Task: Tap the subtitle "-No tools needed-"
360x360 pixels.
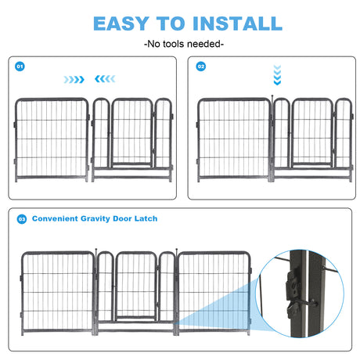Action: point(179,44)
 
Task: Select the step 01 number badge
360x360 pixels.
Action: point(20,67)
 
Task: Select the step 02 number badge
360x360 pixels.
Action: point(200,67)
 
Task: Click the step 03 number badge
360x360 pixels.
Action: point(20,218)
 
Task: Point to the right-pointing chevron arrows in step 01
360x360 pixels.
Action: point(75,79)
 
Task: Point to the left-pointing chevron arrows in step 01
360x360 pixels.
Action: point(104,79)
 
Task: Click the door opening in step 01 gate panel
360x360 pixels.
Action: point(131,133)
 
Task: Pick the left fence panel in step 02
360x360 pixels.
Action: point(232,138)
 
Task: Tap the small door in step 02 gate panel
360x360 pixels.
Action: point(311,133)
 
